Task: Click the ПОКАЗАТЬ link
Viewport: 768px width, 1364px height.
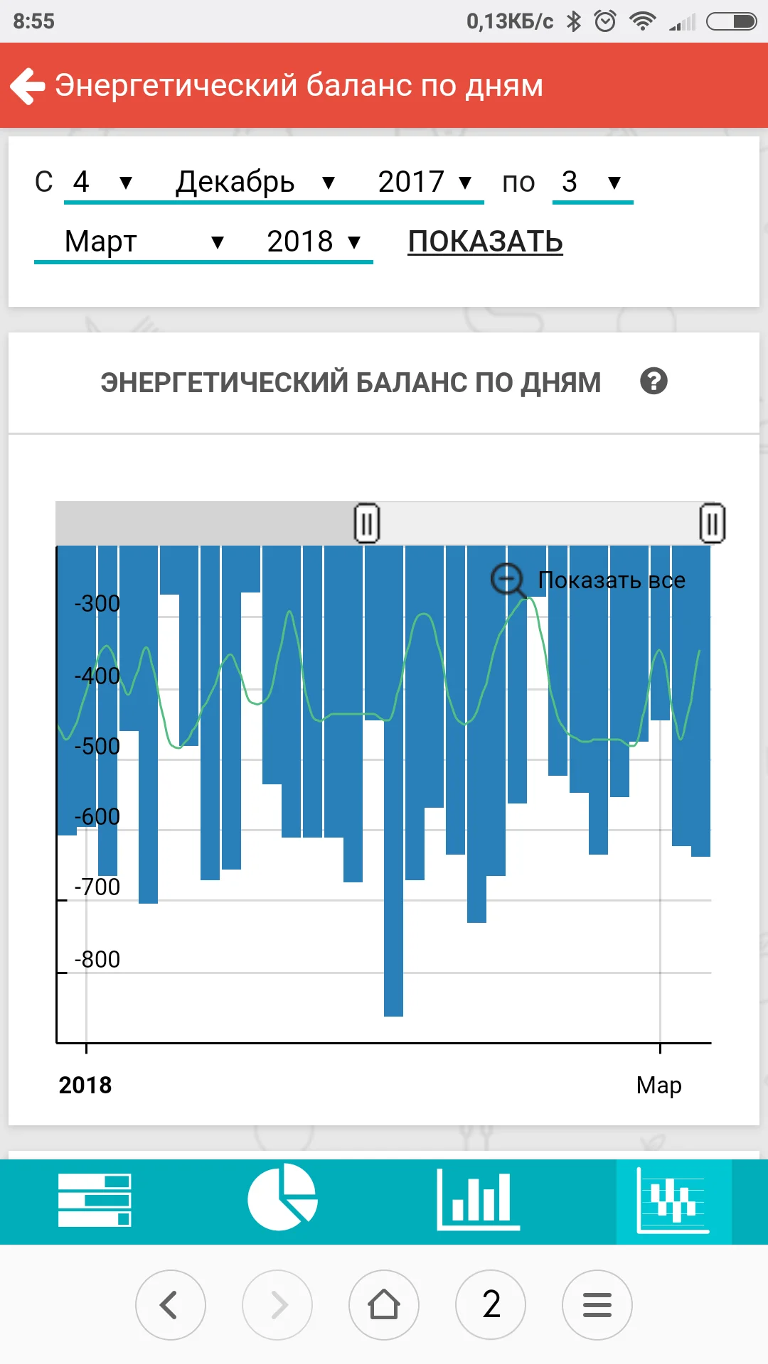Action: (x=485, y=242)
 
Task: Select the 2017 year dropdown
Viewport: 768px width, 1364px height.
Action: (x=425, y=183)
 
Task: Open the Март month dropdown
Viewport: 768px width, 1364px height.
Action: (x=143, y=242)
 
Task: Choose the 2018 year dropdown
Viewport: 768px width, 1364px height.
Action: (x=314, y=242)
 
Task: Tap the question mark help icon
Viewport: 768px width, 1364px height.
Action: (x=654, y=381)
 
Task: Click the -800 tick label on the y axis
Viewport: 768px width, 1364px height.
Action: (x=97, y=959)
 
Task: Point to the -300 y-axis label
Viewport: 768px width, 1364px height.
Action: (x=97, y=603)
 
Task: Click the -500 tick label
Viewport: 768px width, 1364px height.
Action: (x=97, y=746)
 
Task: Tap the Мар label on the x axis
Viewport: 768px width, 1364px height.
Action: (x=658, y=1086)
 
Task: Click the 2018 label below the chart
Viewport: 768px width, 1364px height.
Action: (x=85, y=1086)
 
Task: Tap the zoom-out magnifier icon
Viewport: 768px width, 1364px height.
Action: (x=508, y=580)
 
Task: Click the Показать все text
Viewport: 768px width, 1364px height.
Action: (x=612, y=580)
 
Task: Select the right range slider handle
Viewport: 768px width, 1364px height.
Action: (x=712, y=524)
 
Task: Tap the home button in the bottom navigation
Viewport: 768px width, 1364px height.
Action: (x=384, y=1305)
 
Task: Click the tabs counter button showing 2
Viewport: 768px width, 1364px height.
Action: (x=491, y=1305)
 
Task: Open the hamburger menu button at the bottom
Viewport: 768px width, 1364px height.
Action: (x=597, y=1305)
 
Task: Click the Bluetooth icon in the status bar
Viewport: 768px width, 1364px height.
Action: (x=574, y=21)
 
